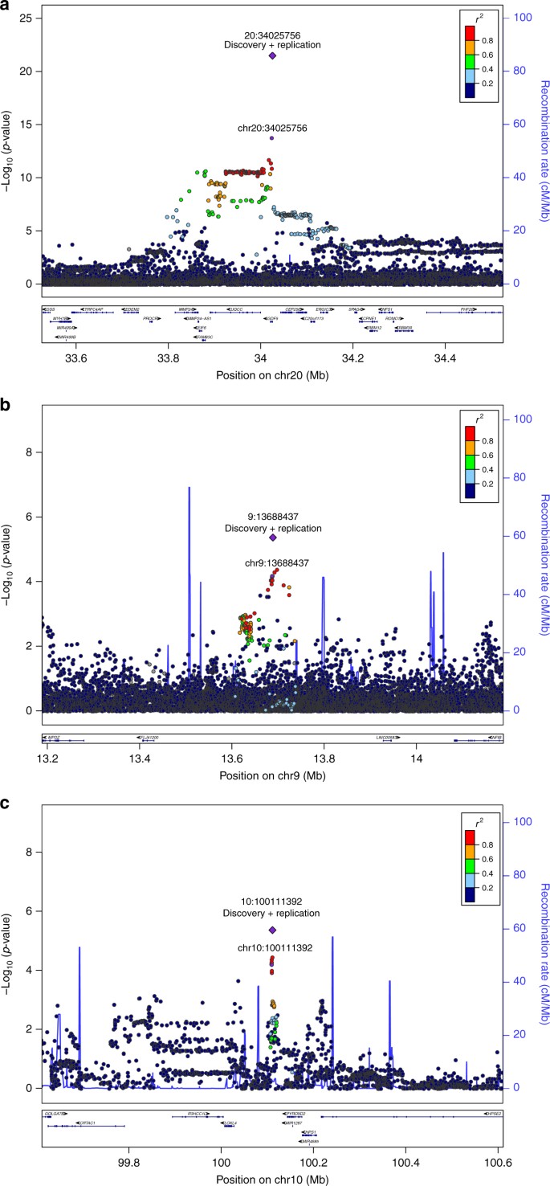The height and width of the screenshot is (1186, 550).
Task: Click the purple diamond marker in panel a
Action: coord(272,56)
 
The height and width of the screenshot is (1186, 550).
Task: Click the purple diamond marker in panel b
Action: coord(272,538)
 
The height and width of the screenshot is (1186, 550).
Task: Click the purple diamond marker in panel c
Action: coord(272,930)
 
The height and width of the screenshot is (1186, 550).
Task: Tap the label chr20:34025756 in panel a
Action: coord(272,128)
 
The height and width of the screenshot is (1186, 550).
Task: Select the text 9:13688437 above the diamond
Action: coord(272,517)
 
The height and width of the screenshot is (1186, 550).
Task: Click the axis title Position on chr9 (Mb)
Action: coord(272,779)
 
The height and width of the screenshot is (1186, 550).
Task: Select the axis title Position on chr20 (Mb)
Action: coord(272,352)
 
